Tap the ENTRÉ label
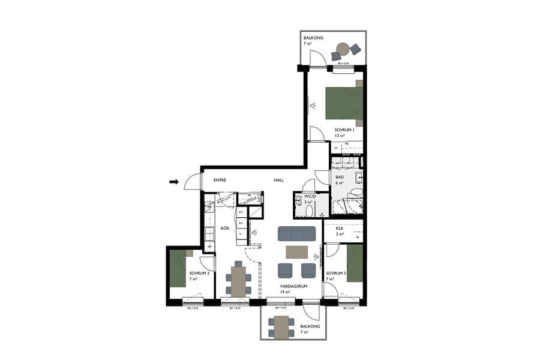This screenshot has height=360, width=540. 220,179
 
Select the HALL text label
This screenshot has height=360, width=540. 279,179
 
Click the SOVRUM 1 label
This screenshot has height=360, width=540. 345,130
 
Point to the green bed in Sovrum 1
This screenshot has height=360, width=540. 343,103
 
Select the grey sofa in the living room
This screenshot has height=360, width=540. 296,233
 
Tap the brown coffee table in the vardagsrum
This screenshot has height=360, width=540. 296,251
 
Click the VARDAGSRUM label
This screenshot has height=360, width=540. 293,286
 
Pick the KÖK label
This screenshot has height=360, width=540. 225,229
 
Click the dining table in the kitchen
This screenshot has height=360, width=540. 239,281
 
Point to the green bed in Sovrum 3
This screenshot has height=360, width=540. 178,269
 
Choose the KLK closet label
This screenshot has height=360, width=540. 339,228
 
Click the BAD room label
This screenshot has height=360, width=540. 339,178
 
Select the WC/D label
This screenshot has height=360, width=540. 310,196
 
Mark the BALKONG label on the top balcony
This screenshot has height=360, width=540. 313,38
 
